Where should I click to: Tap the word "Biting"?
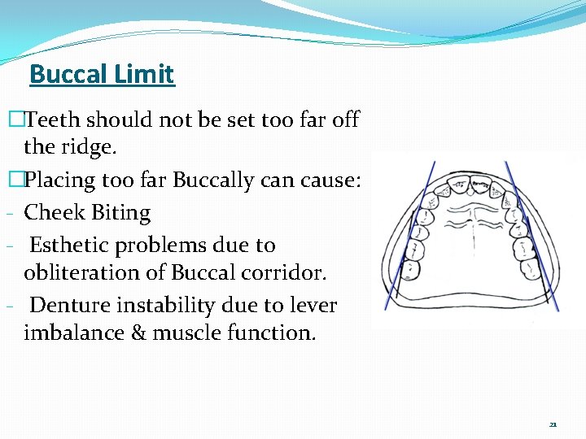coord(121,213)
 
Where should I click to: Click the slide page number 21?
coord(553,424)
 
